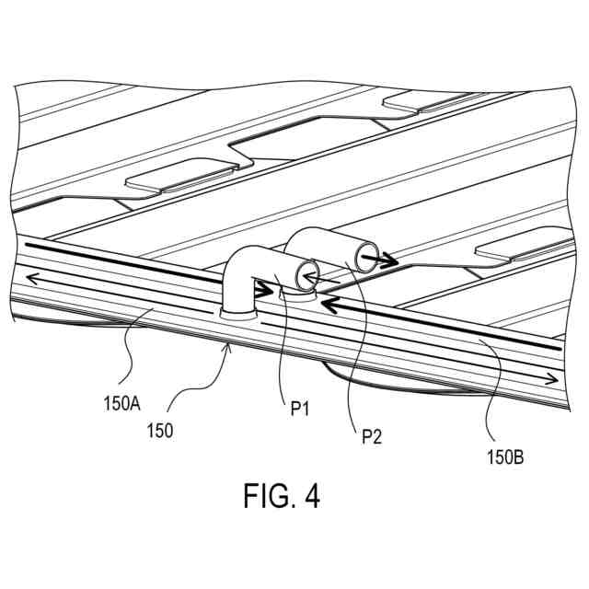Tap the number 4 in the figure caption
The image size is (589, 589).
pos(312,497)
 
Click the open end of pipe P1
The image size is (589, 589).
pos(306,272)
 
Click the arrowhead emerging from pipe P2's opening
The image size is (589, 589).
pos(390,261)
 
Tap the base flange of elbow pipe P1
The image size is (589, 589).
pos(237,310)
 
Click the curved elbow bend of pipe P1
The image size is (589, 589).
pos(242,263)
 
